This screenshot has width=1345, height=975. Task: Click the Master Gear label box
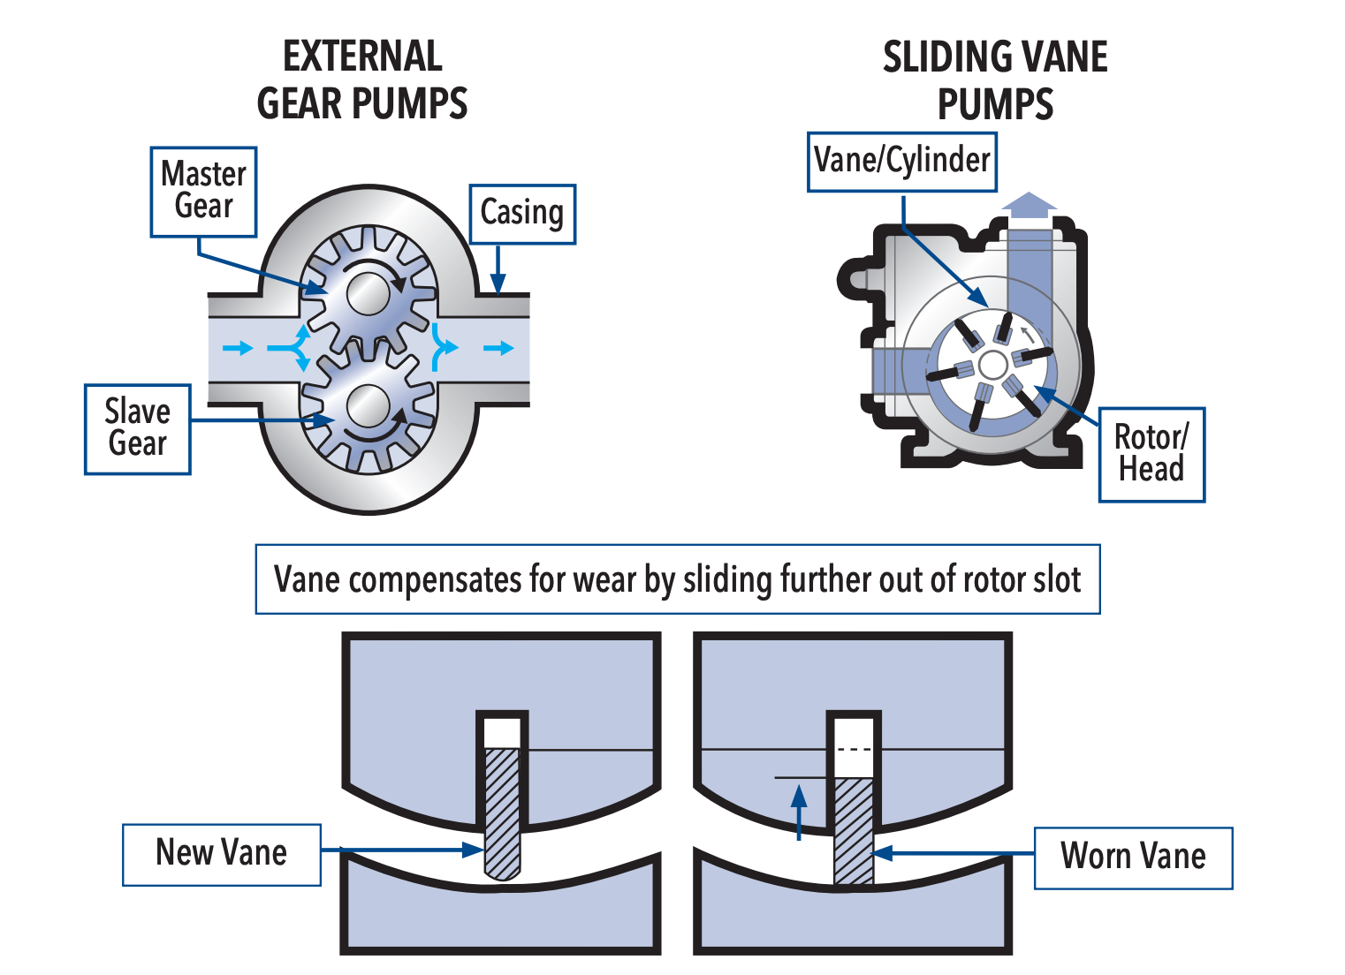tap(203, 192)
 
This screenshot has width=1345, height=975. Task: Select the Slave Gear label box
tap(138, 429)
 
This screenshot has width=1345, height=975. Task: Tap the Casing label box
tap(522, 214)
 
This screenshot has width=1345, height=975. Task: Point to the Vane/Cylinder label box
tap(902, 162)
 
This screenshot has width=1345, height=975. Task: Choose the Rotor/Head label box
tap(1151, 454)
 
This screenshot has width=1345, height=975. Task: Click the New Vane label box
tap(222, 854)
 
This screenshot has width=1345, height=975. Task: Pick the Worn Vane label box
tap(1133, 858)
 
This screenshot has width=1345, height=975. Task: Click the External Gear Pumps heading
tap(362, 80)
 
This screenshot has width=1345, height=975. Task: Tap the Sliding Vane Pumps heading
tap(995, 80)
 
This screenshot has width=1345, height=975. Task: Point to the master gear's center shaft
tap(368, 293)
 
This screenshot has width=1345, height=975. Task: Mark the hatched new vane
tap(503, 812)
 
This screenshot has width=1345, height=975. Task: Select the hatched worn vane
tap(854, 830)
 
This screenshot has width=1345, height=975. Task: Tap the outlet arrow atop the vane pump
tap(1030, 206)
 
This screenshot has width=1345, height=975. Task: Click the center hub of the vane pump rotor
tap(993, 365)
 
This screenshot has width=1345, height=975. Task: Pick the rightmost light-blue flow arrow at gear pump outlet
tap(499, 348)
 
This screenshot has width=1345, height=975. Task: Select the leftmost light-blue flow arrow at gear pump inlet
tap(237, 348)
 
